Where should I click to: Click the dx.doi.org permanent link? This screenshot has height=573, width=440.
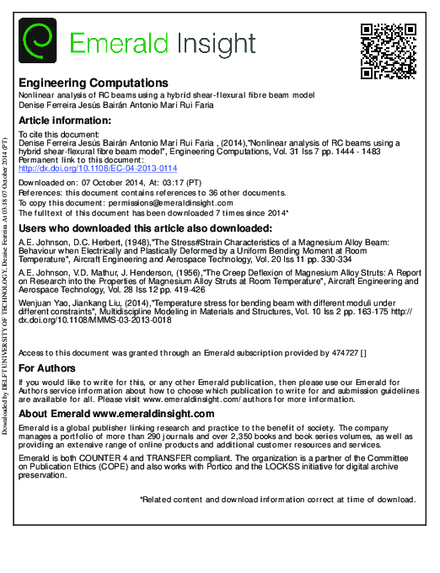pos(98,169)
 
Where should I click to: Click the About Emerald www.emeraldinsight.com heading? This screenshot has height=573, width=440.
pos(116,414)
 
